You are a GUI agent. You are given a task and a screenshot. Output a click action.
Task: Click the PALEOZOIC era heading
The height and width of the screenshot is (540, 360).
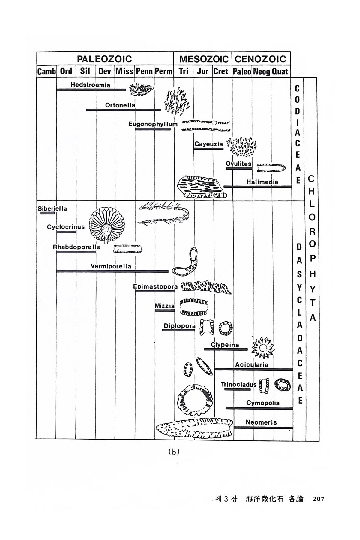coord(104,58)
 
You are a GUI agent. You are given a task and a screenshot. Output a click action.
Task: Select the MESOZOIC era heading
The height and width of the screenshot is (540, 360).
coord(204,59)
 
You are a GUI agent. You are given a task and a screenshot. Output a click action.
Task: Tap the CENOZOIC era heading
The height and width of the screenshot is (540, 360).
coord(260,58)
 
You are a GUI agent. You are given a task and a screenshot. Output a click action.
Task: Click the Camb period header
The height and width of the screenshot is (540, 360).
coord(46,72)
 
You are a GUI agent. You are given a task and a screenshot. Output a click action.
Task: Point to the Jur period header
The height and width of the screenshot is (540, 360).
coord(202,72)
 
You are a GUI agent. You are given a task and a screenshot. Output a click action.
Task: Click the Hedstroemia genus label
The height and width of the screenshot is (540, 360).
coord(90,85)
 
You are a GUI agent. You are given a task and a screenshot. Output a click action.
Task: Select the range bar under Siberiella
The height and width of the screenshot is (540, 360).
coord(48,213)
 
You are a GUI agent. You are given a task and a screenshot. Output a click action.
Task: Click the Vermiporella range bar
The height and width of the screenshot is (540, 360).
coord(112,271)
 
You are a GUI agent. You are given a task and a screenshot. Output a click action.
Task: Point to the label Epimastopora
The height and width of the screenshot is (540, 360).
coord(155,287)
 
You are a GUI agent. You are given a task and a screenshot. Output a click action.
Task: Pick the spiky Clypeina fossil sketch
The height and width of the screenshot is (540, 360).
coord(263,348)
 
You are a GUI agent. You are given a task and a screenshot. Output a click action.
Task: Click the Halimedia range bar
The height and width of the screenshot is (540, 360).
coord(258,187)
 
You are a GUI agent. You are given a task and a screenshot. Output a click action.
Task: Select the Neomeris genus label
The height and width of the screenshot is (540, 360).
coord(261,422)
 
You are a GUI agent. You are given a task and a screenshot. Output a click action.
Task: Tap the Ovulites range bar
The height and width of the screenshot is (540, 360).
coord(239,169)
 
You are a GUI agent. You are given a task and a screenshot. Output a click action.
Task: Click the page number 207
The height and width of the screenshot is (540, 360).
coord(319,499)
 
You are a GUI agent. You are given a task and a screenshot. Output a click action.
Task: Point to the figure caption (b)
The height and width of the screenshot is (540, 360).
coord(174,452)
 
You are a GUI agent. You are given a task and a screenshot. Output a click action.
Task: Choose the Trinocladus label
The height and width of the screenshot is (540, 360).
coord(239,385)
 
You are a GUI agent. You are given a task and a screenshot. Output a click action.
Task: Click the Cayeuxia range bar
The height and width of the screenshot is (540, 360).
coord(208,148)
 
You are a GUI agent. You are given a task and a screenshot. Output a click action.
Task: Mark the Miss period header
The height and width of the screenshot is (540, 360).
coord(124,72)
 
